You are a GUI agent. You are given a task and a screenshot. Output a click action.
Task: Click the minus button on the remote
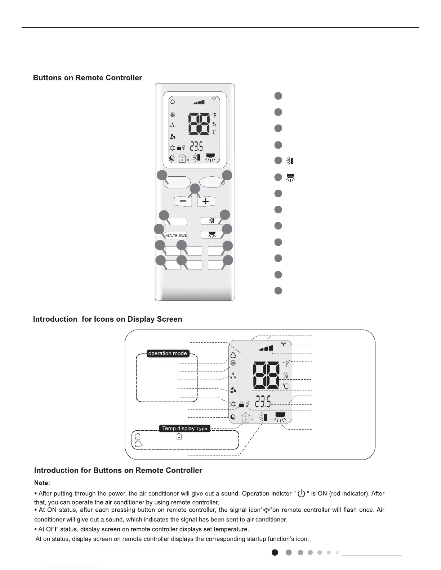[183, 201]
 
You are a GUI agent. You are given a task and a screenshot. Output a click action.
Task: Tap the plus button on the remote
[206, 201]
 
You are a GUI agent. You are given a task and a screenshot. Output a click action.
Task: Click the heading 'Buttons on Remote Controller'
[88, 78]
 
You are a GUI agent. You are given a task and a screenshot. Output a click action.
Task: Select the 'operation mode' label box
[168, 353]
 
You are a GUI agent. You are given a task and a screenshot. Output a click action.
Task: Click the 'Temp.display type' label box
[185, 428]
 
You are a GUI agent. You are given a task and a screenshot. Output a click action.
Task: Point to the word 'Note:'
[42, 483]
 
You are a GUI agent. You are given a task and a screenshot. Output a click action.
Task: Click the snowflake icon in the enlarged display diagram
[233, 363]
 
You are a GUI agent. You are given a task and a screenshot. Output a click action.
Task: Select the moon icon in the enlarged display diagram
[233, 417]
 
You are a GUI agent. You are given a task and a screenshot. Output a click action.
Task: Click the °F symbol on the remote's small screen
[214, 116]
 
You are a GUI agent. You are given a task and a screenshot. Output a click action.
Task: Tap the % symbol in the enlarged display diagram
[286, 375]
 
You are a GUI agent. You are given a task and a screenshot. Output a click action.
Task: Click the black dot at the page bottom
[275, 552]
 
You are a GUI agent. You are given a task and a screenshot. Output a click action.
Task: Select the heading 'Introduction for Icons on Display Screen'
[107, 319]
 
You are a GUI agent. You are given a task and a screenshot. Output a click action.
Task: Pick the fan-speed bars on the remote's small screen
[199, 102]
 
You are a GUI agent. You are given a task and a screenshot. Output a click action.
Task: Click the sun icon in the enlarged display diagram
[233, 404]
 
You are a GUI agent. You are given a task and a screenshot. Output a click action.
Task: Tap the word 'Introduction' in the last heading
[56, 471]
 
